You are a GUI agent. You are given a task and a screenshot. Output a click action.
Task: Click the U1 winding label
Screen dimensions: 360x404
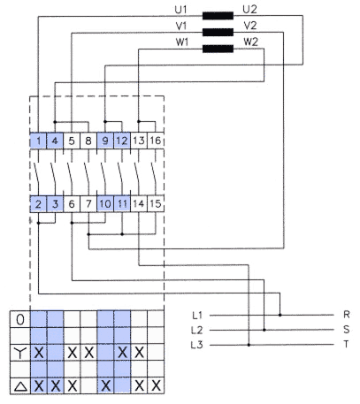coord(180,10)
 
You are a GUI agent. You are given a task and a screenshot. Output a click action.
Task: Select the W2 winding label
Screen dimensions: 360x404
coord(250,42)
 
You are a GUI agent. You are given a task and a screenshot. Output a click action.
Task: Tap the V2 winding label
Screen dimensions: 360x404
coord(250,26)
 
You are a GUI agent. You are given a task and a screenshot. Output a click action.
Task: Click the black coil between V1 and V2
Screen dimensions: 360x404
coord(218,32)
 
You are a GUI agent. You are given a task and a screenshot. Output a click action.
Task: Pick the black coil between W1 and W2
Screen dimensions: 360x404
coord(218,49)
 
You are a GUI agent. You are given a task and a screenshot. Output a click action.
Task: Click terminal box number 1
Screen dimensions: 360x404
coord(38,141)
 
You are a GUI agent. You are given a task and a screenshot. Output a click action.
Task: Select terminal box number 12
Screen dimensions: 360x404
coord(122,141)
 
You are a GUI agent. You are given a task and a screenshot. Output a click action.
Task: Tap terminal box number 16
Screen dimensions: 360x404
coord(156,141)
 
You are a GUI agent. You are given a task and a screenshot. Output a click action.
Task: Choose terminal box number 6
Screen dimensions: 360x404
coord(72,203)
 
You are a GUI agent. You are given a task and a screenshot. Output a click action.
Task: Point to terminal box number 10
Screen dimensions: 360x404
coord(105,203)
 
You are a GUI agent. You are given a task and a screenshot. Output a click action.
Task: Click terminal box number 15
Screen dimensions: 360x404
coord(156,203)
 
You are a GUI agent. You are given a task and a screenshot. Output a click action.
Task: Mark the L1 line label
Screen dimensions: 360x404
coord(197,316)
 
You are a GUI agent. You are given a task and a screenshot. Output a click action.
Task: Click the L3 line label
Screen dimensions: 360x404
coord(197,345)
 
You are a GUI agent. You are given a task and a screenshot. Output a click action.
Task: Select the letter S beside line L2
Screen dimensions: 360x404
coord(347,329)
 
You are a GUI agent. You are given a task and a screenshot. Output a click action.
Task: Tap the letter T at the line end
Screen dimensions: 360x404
coord(347,344)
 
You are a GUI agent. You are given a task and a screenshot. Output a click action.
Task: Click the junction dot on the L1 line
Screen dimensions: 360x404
coord(280,315)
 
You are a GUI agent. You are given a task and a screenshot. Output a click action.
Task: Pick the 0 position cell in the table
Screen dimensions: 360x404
coord(20,319)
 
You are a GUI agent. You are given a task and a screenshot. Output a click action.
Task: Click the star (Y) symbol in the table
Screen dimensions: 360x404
coord(20,353)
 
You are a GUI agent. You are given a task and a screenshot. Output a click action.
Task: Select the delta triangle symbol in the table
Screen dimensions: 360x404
coord(20,386)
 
